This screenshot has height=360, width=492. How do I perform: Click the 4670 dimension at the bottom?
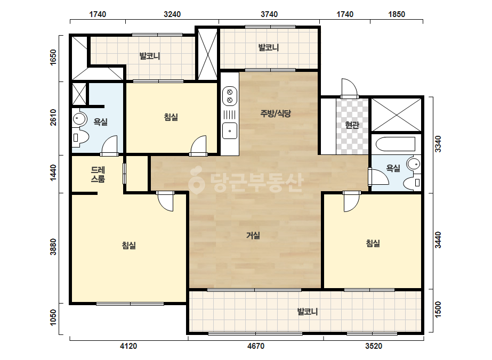[256, 346]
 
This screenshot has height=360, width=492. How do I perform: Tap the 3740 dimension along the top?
[269, 14]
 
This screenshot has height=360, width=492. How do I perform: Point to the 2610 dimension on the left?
[53, 117]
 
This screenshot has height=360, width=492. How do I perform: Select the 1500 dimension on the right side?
[438, 309]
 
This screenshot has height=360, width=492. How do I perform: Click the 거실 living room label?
[253, 235]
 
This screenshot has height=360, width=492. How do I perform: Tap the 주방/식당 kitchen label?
[276, 113]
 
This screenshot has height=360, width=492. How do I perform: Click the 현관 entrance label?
[352, 125]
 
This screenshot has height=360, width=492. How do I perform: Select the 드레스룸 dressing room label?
[98, 174]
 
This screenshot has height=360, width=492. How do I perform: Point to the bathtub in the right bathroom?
[396, 144]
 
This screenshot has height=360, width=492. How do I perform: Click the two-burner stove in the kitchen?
[230, 96]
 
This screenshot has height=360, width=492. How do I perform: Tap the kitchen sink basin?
[230, 131]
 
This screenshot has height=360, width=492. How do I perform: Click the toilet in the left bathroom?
[80, 137]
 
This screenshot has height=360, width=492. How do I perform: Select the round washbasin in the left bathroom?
[79, 119]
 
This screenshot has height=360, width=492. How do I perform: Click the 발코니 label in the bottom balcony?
[308, 312]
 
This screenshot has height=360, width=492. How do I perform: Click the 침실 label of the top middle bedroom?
[171, 117]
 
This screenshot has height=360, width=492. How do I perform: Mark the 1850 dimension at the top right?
[397, 14]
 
